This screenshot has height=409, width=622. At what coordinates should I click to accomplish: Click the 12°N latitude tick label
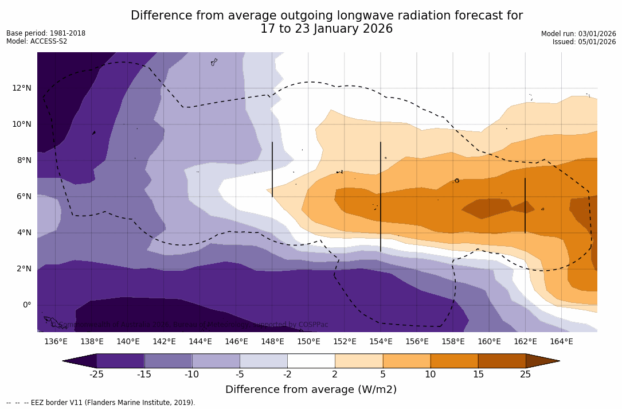pos(22,88)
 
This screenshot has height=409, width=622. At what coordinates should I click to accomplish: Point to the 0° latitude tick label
pos(26,305)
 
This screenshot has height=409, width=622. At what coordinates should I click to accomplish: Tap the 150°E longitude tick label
pos(308,341)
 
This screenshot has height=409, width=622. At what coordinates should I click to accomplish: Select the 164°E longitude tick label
pos(561,341)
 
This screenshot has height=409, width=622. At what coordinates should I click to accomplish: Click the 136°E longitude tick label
pos(56,341)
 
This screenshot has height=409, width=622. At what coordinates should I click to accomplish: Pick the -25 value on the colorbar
pos(96,375)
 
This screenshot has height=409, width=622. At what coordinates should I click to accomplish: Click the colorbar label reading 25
pos(526,375)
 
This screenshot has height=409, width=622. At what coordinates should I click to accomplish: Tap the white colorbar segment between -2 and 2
pos(311,361)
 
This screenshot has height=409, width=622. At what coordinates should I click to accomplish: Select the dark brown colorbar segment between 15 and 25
pos(502,361)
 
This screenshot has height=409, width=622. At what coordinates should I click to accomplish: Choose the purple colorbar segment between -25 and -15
pos(120,361)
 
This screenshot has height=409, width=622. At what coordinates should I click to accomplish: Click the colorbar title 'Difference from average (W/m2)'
pos(311,389)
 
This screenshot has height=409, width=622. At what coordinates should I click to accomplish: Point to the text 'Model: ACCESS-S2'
pos(37,41)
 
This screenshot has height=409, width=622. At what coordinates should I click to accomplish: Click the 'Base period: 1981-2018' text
pos(46,33)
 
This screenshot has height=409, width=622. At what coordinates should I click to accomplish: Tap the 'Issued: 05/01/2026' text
pos(584,42)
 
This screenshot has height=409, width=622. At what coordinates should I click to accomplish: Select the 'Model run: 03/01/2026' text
pos(578,34)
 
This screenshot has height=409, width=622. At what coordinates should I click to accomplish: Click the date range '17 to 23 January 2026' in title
pos(326,29)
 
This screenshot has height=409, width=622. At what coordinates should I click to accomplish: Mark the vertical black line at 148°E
pos(272,169)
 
